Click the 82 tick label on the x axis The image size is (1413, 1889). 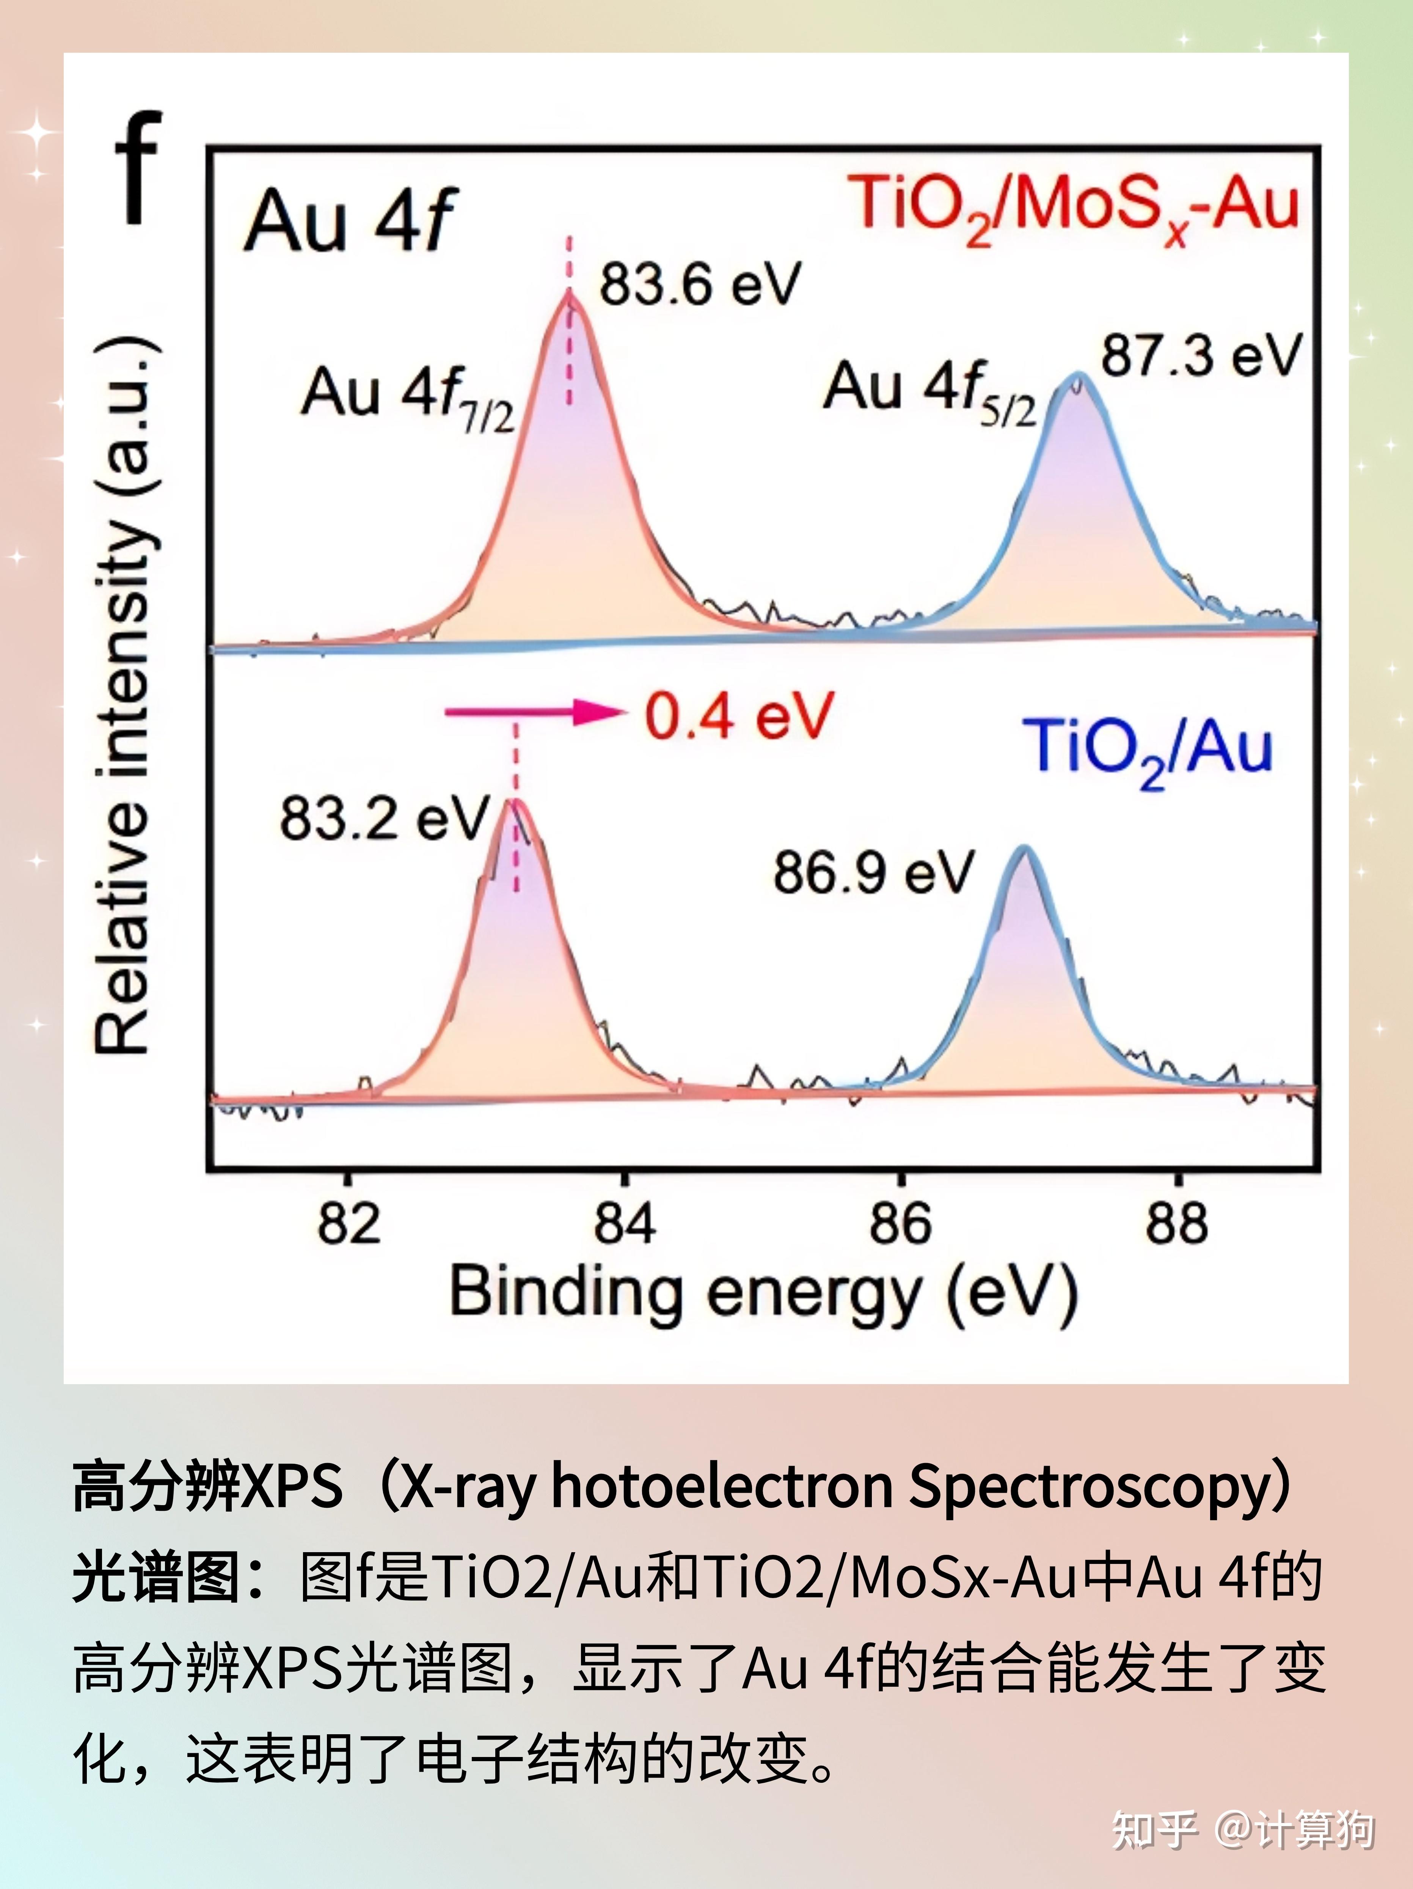[347, 1223]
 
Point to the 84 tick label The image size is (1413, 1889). [624, 1223]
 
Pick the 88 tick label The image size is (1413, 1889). [1176, 1223]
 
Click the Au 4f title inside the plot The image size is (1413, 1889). [350, 220]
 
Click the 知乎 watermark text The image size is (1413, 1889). [1154, 1830]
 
